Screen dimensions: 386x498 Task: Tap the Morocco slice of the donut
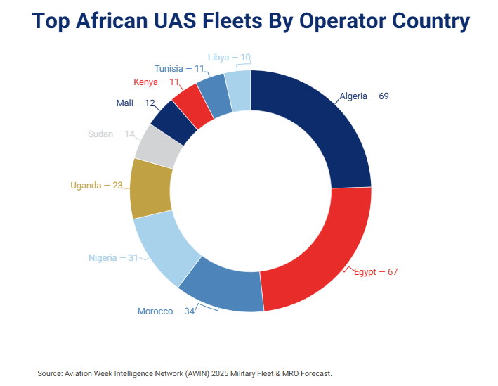point(221,285)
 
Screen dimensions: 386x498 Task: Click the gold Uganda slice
point(150,188)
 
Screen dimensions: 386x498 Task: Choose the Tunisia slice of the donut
point(214,94)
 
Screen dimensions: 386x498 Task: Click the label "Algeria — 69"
point(364,96)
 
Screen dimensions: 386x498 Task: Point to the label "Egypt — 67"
point(375,271)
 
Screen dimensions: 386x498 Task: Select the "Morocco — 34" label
point(166,311)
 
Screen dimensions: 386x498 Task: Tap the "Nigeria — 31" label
point(113,257)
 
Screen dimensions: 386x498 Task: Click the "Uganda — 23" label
point(96,186)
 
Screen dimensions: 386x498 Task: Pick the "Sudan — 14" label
point(111,134)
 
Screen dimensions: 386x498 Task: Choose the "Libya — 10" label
point(229,58)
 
